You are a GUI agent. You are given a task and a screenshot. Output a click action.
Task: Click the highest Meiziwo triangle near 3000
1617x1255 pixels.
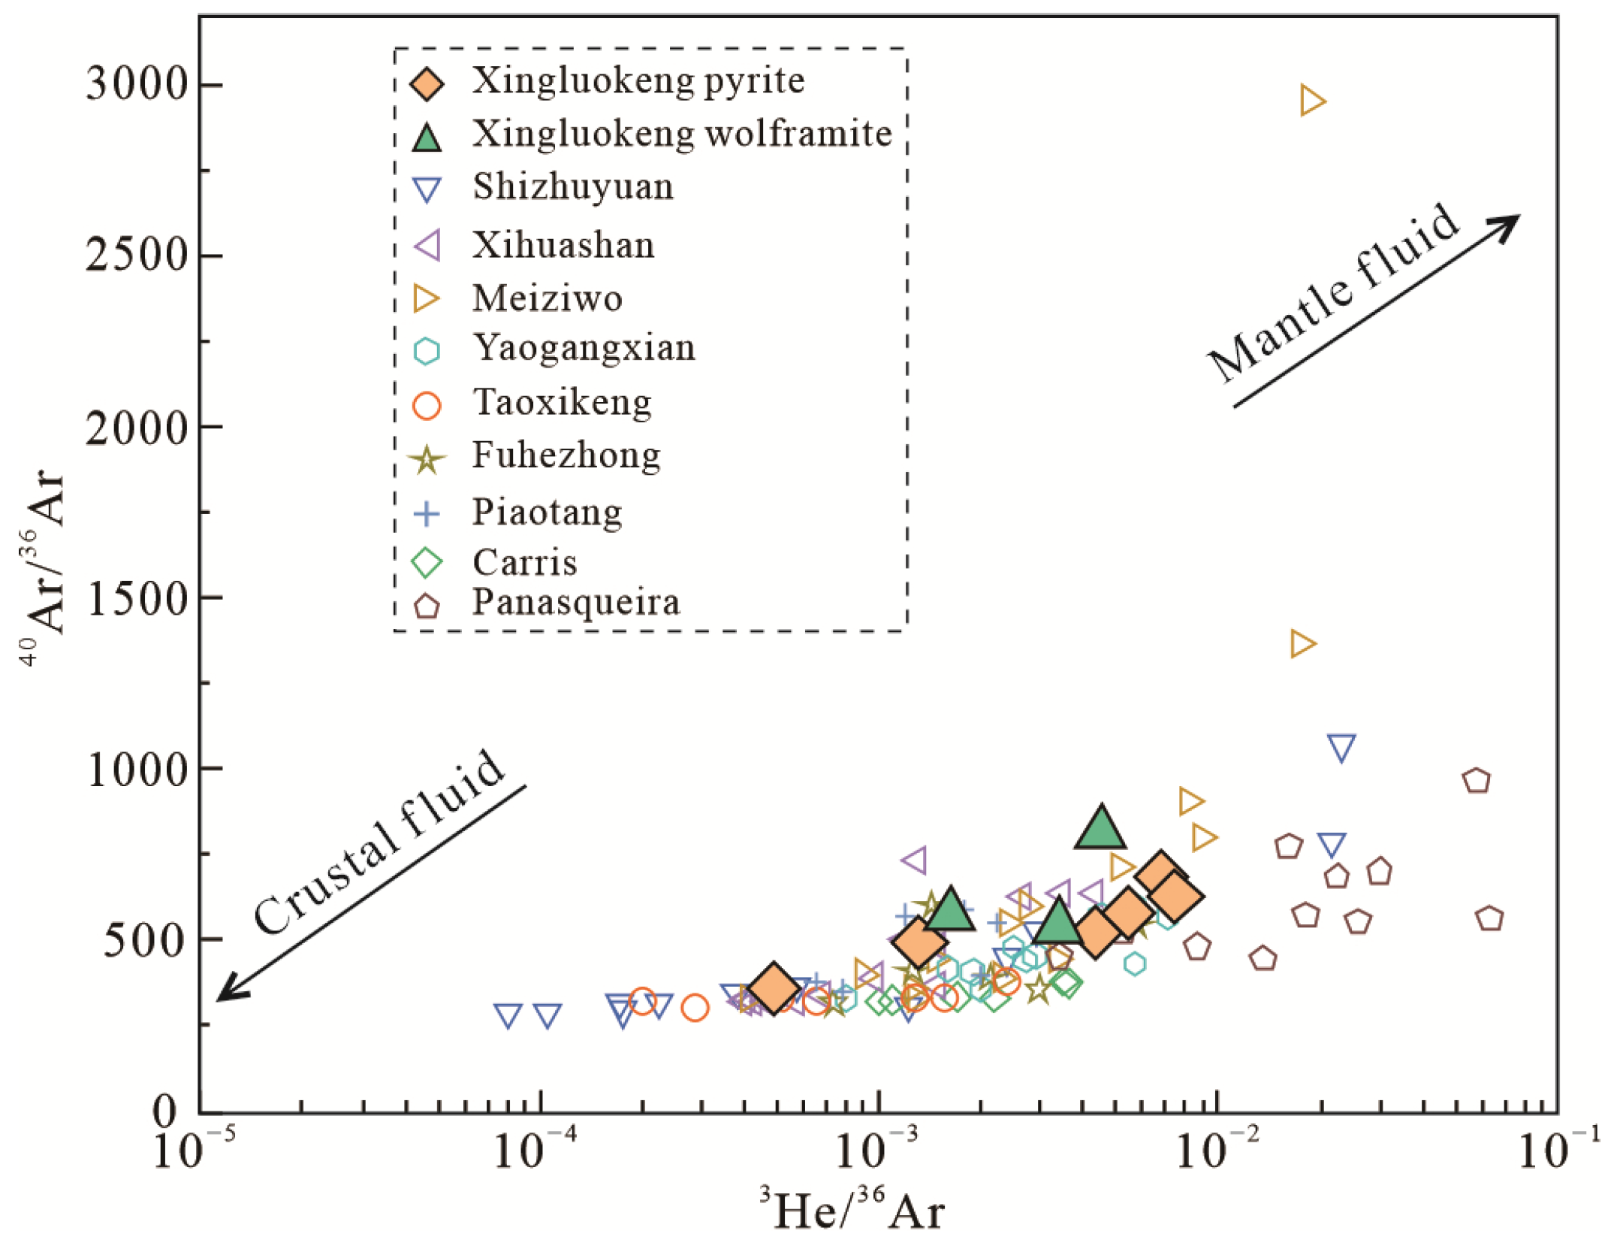tap(1311, 101)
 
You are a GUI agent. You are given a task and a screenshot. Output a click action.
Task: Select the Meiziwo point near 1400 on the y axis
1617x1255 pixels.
tap(1302, 644)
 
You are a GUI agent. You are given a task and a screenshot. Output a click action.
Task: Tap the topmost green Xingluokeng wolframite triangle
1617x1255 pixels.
tap(1100, 827)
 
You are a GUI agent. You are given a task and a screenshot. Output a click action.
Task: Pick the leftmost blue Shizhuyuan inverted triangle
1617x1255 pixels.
tap(508, 1015)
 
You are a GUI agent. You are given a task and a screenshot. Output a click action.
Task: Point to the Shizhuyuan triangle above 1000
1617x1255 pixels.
tap(1341, 747)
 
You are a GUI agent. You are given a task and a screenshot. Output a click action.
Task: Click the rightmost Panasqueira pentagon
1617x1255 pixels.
tap(1489, 919)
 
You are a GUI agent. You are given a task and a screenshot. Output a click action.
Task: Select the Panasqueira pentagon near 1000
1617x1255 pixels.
tap(1477, 782)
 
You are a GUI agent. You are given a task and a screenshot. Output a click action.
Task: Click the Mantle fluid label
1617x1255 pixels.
tap(1333, 293)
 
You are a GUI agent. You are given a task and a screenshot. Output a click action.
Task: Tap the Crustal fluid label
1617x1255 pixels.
tap(379, 842)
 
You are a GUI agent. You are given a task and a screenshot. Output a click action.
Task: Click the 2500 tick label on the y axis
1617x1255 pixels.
tap(135, 255)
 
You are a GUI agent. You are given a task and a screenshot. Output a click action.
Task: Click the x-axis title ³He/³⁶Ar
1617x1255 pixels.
tap(852, 1211)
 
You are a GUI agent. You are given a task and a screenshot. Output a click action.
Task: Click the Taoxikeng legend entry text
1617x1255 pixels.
tap(562, 402)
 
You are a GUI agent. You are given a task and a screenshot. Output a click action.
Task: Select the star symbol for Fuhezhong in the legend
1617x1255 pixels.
tap(427, 459)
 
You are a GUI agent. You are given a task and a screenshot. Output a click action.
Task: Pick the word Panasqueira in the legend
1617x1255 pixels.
tap(575, 602)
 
